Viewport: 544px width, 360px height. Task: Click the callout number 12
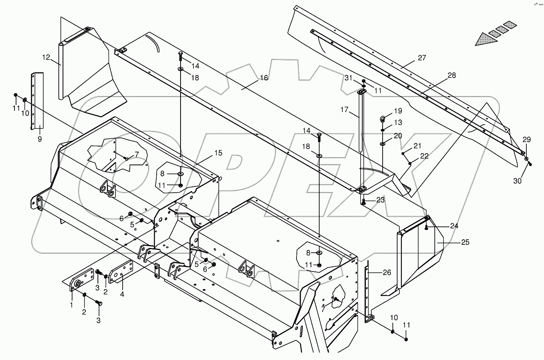[46, 58]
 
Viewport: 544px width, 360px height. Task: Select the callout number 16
[264, 78]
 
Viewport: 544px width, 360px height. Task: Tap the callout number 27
[421, 58]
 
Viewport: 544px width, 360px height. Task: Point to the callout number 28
[452, 76]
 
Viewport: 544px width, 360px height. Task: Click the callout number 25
[465, 242]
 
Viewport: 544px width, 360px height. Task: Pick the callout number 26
[387, 273]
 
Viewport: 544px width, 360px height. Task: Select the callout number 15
[218, 153]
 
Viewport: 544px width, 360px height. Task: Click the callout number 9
[40, 139]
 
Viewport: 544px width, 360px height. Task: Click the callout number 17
[344, 110]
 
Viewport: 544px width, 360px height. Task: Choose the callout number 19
[398, 111]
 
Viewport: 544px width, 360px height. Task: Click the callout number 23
[380, 200]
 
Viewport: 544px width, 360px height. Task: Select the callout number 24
[454, 226]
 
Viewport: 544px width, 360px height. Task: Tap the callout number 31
[349, 78]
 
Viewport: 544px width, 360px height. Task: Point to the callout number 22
[425, 156]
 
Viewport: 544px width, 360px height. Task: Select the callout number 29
[527, 140]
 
